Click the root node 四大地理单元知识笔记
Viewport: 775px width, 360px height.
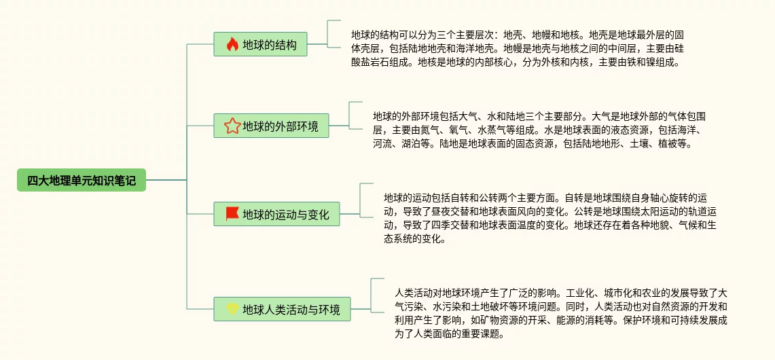(x=82, y=180)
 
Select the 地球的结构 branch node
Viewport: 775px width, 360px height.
(x=260, y=45)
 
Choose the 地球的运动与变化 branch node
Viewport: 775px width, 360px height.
(x=276, y=214)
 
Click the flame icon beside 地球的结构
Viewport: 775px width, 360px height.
(x=232, y=45)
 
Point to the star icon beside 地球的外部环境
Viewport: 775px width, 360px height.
(x=232, y=126)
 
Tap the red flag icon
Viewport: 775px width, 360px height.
(x=232, y=214)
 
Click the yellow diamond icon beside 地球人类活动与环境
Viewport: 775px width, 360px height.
(x=232, y=309)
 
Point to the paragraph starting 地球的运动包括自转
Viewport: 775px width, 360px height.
(x=549, y=217)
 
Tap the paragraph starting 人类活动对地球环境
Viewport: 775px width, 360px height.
(x=561, y=313)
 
